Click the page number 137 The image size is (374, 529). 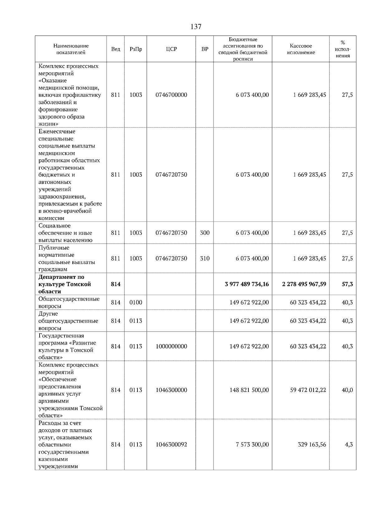coord(196,27)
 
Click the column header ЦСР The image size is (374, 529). coord(171,49)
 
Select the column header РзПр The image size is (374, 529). coord(136,49)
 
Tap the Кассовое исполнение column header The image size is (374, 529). coord(300,49)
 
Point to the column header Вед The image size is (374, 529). coord(116,49)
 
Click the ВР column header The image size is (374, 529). coord(205,49)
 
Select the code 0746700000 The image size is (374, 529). coord(171,95)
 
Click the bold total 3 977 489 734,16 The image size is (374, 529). coord(247,284)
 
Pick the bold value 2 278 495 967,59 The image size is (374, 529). coord(304,284)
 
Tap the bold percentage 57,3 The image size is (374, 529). coord(347,284)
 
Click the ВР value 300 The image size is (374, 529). coord(205,233)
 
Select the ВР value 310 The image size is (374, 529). coord(205,259)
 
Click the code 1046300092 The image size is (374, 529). coord(171,445)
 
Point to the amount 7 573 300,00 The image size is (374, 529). coord(252,445)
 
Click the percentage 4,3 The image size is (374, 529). coord(348,445)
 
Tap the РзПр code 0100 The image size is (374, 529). coord(136,303)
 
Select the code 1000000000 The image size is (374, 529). coord(171,346)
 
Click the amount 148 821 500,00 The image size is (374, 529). coord(249,390)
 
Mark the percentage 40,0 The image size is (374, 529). coord(347,390)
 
